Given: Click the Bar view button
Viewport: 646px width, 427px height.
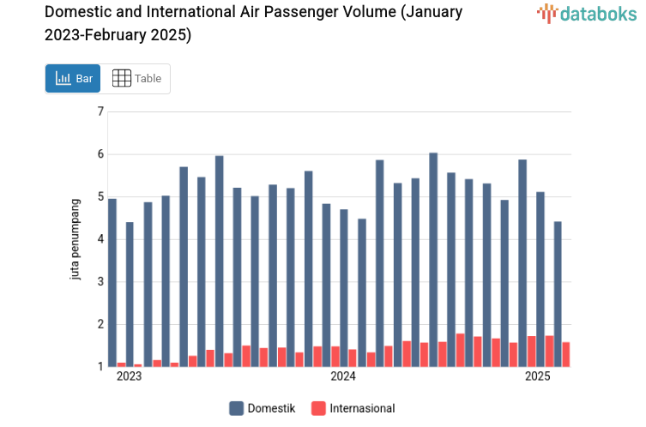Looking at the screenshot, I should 73,79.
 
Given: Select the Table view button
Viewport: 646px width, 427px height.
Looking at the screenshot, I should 136,79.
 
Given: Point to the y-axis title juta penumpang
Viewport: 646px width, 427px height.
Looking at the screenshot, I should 75,238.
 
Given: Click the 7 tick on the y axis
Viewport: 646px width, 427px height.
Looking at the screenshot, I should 100,111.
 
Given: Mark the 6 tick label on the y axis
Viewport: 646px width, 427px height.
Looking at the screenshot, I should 100,154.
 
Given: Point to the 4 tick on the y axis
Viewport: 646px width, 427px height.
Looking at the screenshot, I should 100,239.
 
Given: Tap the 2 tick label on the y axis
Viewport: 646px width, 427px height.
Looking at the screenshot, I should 100,324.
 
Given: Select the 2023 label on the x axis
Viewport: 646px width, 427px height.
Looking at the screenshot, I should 129,376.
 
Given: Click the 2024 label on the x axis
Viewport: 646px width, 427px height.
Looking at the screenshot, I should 343,376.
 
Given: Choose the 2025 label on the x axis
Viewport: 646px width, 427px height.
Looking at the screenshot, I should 538,376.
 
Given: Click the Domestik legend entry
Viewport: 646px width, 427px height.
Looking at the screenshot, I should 263,408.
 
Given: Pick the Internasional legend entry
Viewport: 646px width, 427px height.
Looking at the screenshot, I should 353,408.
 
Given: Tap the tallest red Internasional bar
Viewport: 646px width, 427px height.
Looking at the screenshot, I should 460,350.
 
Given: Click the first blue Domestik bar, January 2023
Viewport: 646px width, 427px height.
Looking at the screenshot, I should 112,283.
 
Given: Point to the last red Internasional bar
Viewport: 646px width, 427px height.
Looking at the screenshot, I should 566,354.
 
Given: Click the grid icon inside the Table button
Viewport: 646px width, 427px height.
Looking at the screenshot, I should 122,79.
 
